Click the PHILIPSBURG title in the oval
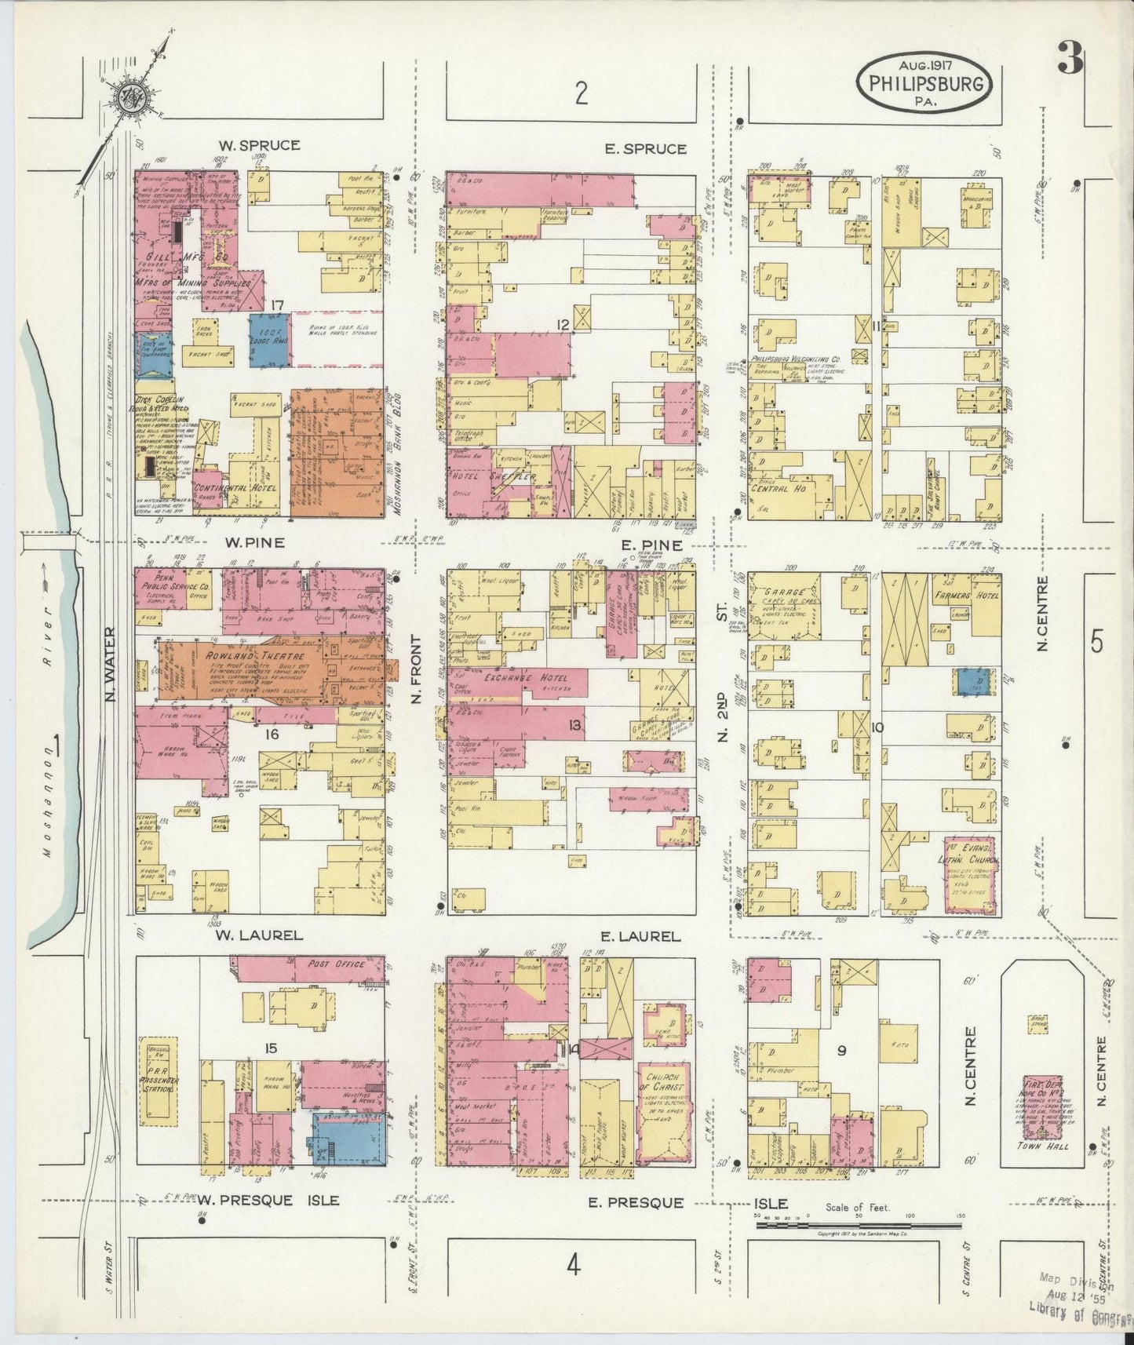click(x=927, y=82)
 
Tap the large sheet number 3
click(x=1070, y=58)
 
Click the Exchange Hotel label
click(x=520, y=677)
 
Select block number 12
click(x=562, y=324)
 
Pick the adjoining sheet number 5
click(x=1096, y=641)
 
